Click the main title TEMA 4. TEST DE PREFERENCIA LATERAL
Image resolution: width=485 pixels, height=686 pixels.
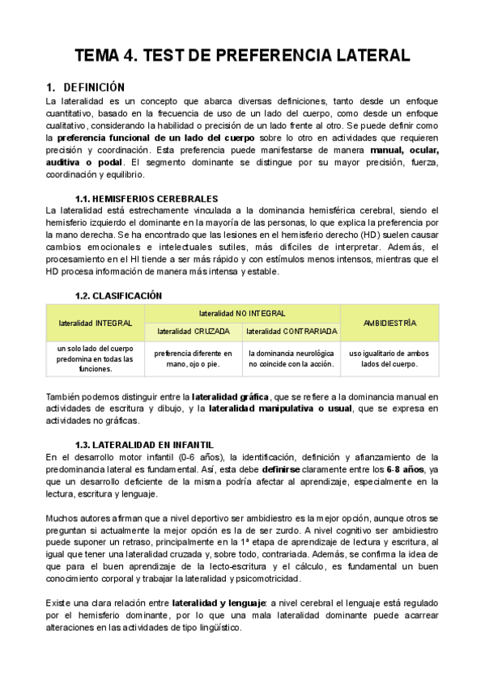click(242, 56)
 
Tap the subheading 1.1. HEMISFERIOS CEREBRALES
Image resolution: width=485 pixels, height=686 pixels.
click(146, 198)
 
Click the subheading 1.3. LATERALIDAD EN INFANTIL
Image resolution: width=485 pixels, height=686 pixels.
click(144, 444)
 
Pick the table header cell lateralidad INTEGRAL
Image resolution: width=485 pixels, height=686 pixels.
click(96, 322)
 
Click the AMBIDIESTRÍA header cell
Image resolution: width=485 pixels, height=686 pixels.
click(389, 322)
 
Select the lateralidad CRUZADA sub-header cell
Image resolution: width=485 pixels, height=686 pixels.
click(194, 331)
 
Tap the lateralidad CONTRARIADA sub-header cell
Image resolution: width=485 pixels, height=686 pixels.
click(291, 331)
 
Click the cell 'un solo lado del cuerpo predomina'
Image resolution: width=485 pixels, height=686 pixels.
click(96, 358)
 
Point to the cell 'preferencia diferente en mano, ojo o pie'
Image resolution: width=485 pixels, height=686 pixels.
click(194, 358)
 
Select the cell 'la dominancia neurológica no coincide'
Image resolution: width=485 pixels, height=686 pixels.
click(291, 358)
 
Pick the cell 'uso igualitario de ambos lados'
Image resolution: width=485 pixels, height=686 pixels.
click(389, 358)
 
